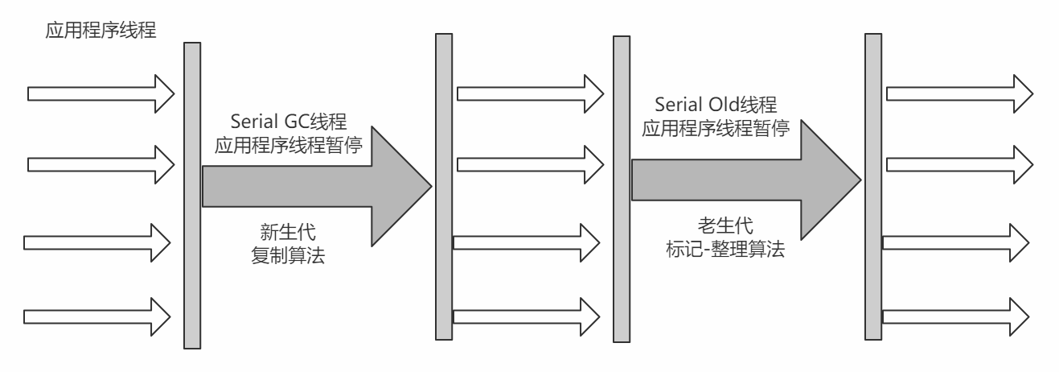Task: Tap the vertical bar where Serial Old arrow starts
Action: (621, 189)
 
